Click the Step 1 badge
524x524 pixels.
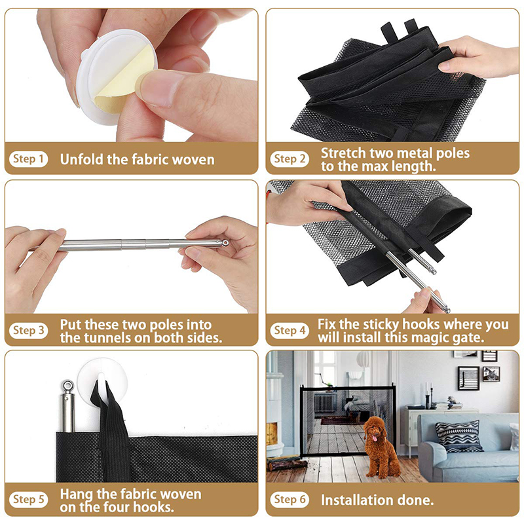(x=28, y=159)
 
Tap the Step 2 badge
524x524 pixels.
(x=290, y=159)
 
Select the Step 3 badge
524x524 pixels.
(x=28, y=331)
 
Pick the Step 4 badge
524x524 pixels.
(x=290, y=331)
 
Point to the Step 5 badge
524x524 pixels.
(x=28, y=500)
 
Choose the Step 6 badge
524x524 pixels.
(x=290, y=500)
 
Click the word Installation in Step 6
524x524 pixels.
(x=357, y=500)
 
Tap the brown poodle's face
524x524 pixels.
(x=374, y=430)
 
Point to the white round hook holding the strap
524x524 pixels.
(x=102, y=382)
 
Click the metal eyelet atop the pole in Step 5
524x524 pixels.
(x=67, y=386)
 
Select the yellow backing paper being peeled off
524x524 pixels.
(x=124, y=79)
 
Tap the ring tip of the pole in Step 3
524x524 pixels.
(x=225, y=242)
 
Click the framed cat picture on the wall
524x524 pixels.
(x=491, y=374)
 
